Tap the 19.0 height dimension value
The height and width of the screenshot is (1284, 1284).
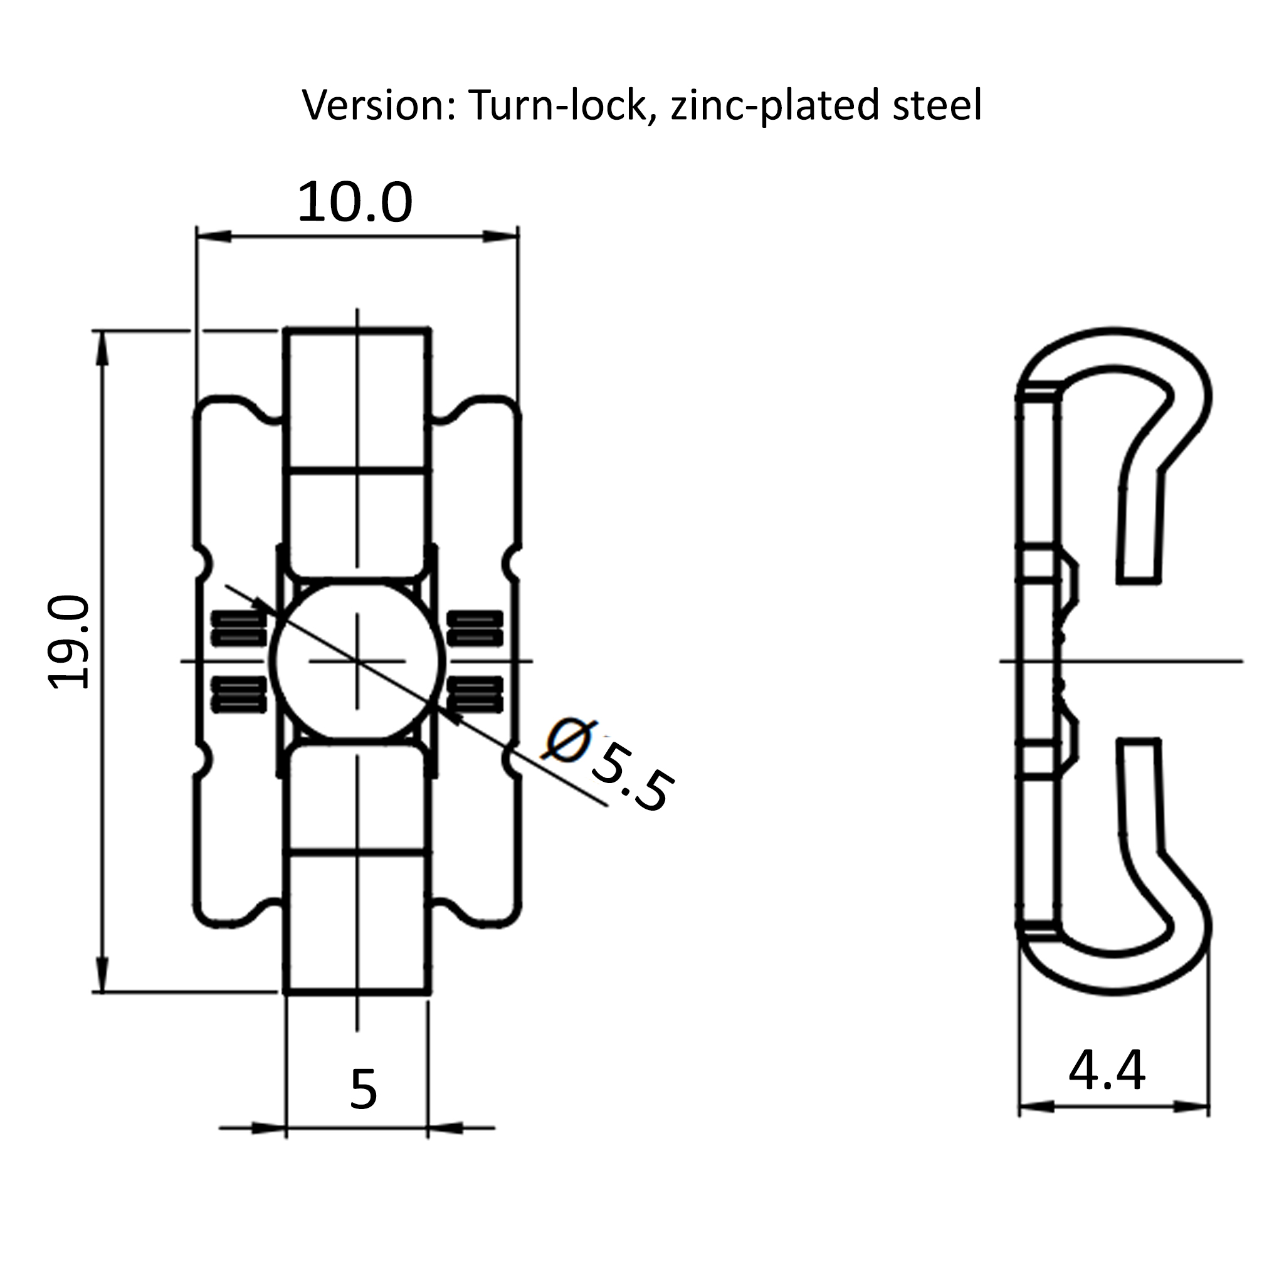tap(69, 643)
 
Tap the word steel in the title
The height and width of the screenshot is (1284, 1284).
tap(937, 105)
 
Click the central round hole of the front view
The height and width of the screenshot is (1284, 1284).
tap(357, 661)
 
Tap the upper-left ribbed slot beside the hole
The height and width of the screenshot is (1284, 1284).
tap(239, 628)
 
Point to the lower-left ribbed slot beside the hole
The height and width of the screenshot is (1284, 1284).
tap(239, 694)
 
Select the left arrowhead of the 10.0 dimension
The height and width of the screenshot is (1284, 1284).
tap(213, 236)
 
